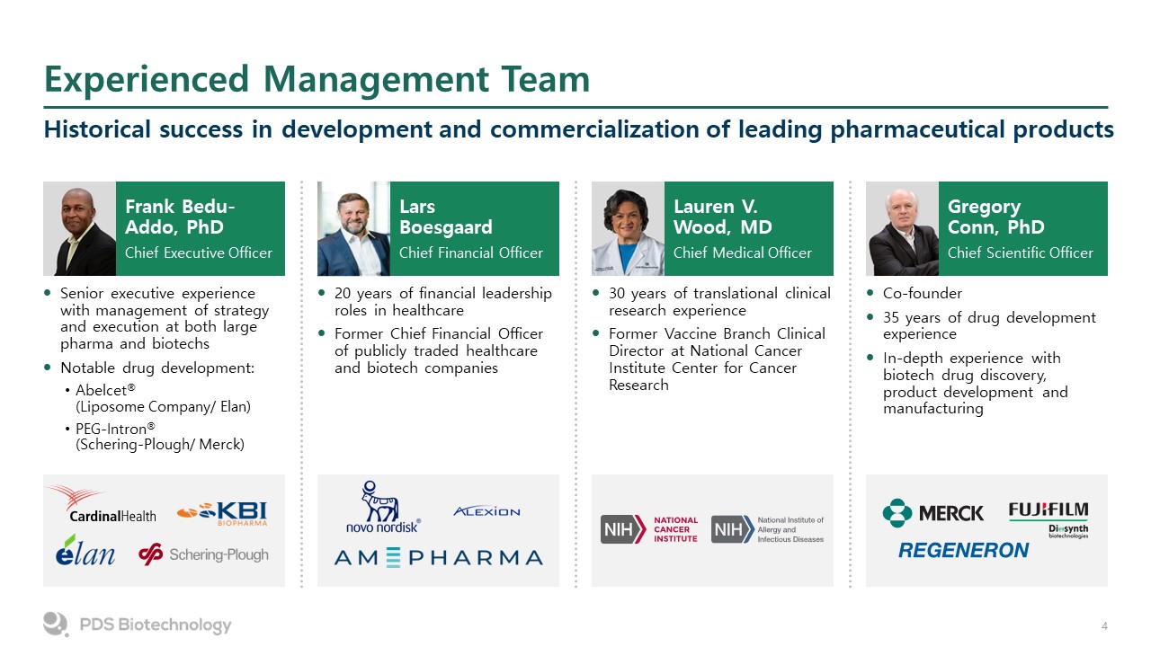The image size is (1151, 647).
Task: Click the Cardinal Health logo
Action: click(x=103, y=504)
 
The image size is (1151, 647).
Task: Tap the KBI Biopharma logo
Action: click(x=222, y=513)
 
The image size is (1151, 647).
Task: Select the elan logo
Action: click(x=85, y=551)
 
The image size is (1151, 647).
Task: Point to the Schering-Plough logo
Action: click(x=203, y=554)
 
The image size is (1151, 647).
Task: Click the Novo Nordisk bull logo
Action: click(x=382, y=507)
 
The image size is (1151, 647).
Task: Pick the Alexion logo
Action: click(x=486, y=511)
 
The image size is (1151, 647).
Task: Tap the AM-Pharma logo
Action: click(x=438, y=558)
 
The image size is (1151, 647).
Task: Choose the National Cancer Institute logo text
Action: click(x=675, y=529)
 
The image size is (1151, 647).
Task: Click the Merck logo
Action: click(x=932, y=513)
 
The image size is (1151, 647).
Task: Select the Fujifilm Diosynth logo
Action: click(x=1048, y=519)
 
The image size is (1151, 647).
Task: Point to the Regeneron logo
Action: click(x=963, y=551)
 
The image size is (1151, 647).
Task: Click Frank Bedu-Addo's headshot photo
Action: click(x=80, y=228)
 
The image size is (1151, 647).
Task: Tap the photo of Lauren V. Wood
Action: click(x=628, y=228)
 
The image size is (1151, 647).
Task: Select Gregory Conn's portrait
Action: click(x=902, y=228)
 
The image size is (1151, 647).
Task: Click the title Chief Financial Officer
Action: click(x=470, y=253)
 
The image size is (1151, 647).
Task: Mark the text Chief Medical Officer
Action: click(x=743, y=253)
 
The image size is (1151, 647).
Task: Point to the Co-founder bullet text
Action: click(x=923, y=293)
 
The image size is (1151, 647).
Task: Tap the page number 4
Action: click(x=1104, y=626)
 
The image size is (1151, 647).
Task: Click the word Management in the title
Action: click(x=376, y=80)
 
